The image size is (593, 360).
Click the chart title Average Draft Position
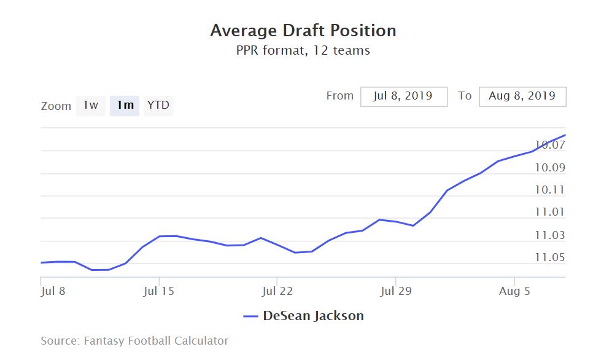[303, 31]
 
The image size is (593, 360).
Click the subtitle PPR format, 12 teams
[303, 50]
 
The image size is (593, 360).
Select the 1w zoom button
[91, 105]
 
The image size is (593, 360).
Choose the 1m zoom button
[125, 105]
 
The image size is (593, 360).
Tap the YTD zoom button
[158, 105]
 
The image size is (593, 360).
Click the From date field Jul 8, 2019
[403, 96]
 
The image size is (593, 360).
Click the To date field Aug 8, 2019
[522, 96]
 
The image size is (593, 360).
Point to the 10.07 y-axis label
[549, 146]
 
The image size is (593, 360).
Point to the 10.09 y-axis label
[549, 168]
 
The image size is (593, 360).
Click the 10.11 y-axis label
[549, 190]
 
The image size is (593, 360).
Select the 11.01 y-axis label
[549, 213]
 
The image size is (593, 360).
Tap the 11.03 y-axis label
[549, 235]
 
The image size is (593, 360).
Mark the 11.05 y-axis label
[549, 257]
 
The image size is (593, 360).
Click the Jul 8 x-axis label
[53, 291]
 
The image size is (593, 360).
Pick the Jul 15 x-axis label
[158, 291]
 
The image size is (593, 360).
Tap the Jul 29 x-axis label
[395, 291]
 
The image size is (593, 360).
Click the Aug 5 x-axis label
[514, 291]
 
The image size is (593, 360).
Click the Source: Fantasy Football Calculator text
[134, 340]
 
